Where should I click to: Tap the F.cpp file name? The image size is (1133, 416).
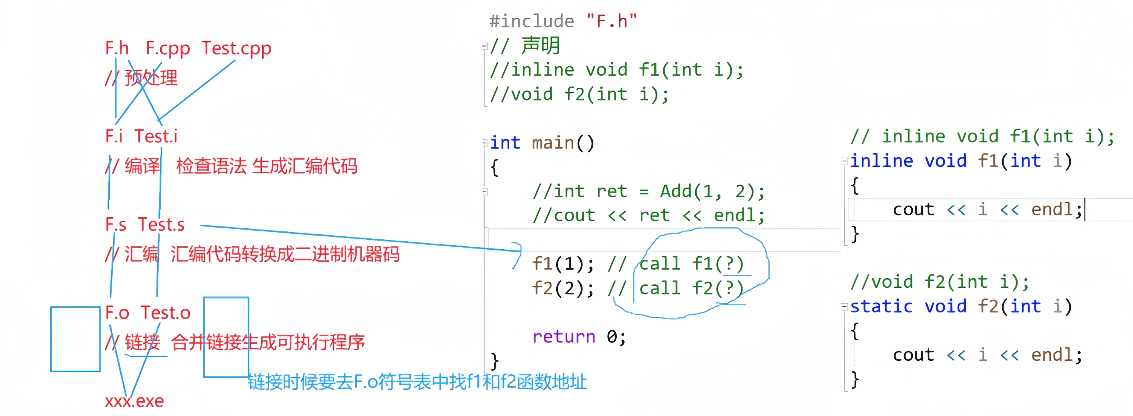click(x=168, y=48)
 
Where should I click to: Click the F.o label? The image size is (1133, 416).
click(x=117, y=313)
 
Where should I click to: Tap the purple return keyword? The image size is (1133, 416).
click(x=563, y=337)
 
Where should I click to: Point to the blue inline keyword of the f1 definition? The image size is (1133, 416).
click(x=881, y=161)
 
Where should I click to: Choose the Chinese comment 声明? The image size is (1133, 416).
click(x=541, y=45)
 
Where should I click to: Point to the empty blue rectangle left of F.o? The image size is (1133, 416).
click(x=75, y=339)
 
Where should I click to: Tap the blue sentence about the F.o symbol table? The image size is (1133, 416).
click(x=417, y=382)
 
